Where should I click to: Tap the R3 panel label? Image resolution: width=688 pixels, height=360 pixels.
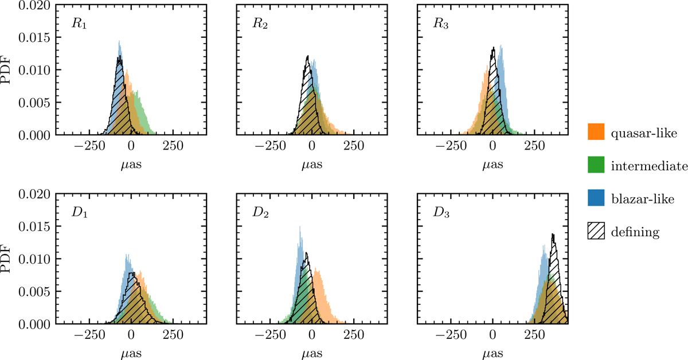[x=433, y=25]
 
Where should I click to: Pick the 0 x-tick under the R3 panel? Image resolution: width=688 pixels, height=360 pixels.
[x=493, y=147]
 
